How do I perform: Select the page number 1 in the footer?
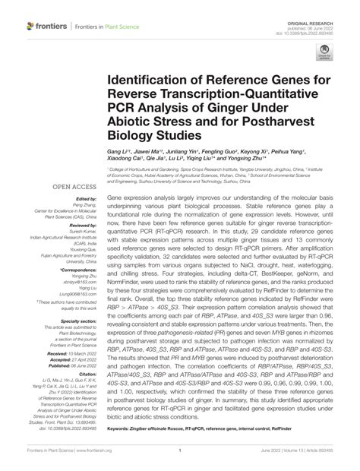point(179,459)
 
